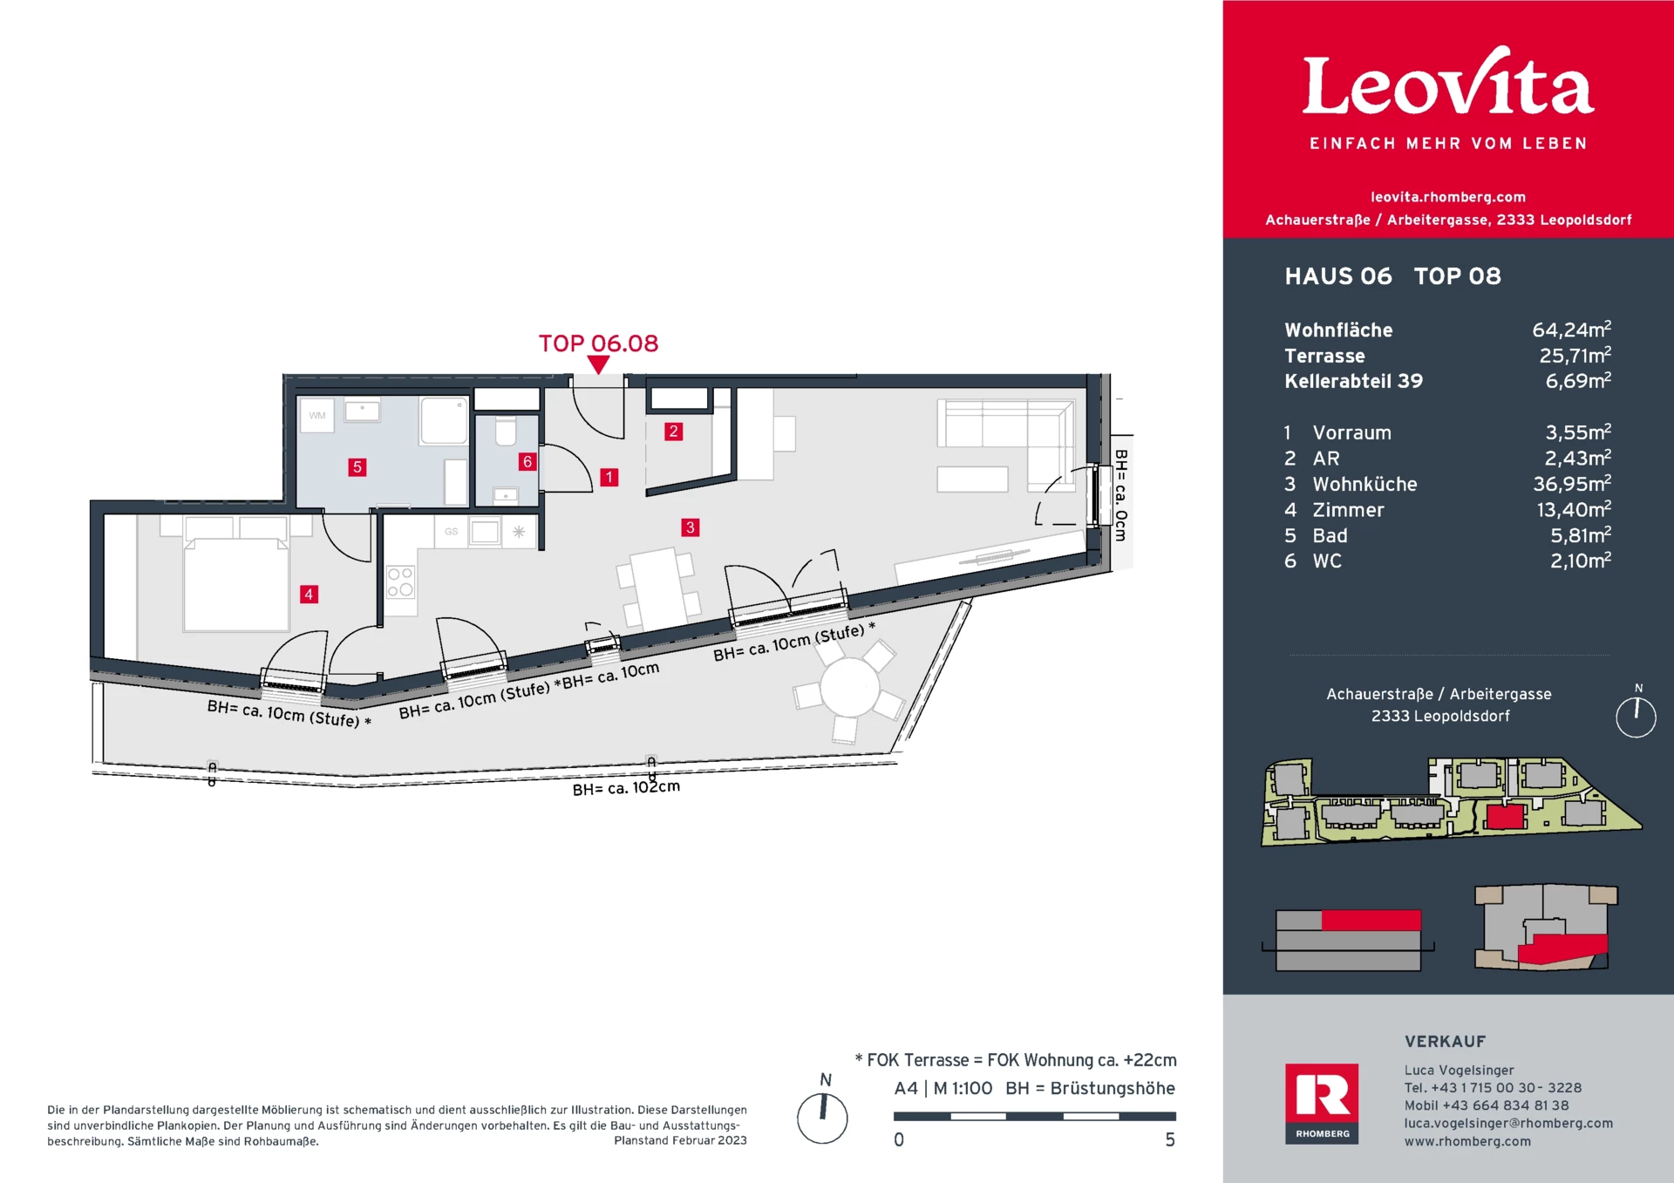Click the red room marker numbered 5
point(357,467)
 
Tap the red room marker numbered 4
point(309,595)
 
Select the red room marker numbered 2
point(673,432)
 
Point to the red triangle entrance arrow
point(598,365)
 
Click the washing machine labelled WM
point(317,416)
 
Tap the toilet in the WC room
point(506,432)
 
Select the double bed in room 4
point(235,584)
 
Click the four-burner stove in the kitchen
point(400,582)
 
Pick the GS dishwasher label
point(451,531)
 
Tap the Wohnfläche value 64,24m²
point(1571,330)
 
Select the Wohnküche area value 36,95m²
point(1572,484)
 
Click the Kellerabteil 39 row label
point(1353,381)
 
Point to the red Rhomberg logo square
point(1322,1104)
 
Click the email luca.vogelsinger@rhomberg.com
point(1508,1123)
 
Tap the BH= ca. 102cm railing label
point(626,787)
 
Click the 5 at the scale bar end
point(1170,1140)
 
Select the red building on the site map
point(1505,817)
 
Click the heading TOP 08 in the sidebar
point(1457,276)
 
